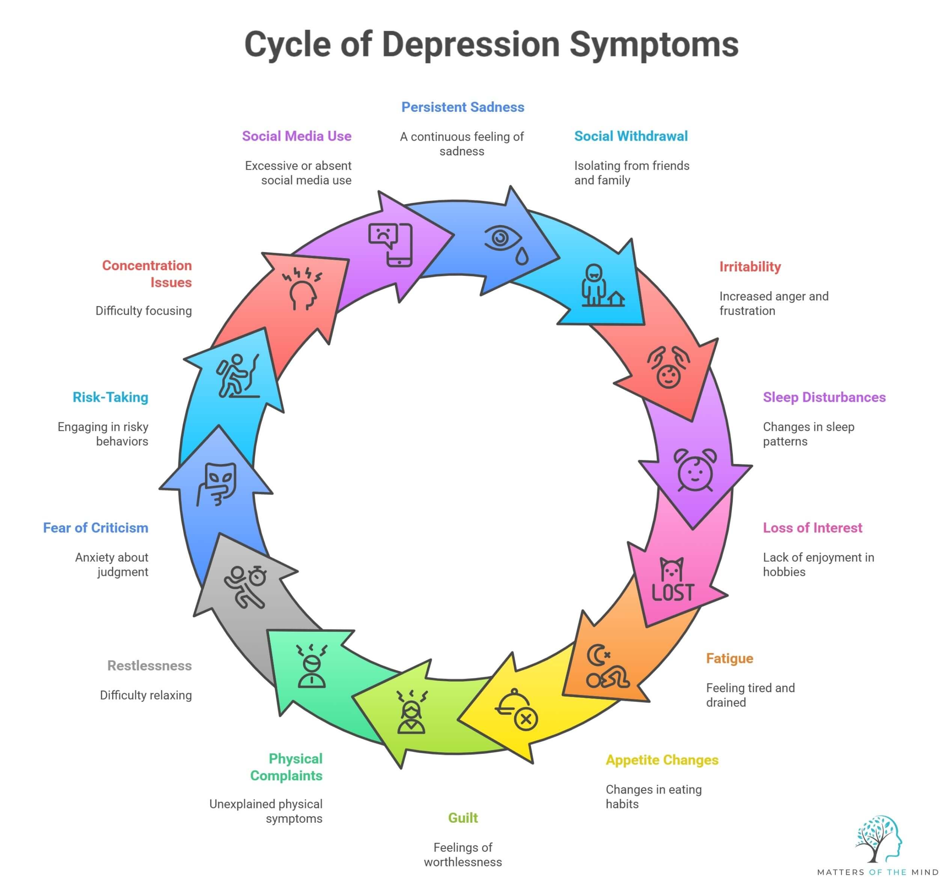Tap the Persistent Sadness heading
(x=462, y=107)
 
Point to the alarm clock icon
(x=695, y=470)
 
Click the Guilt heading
(x=462, y=818)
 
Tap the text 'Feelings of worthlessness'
(x=462, y=855)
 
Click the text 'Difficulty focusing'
(x=143, y=311)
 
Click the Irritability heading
(x=749, y=267)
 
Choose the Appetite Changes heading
(x=661, y=760)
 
